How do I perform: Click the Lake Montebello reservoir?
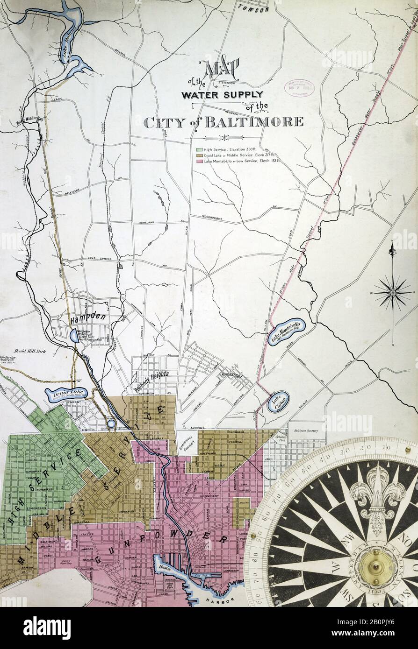(286, 332)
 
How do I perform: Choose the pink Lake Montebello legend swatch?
(199, 161)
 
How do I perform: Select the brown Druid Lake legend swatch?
(199, 155)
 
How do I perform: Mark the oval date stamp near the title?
(299, 88)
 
